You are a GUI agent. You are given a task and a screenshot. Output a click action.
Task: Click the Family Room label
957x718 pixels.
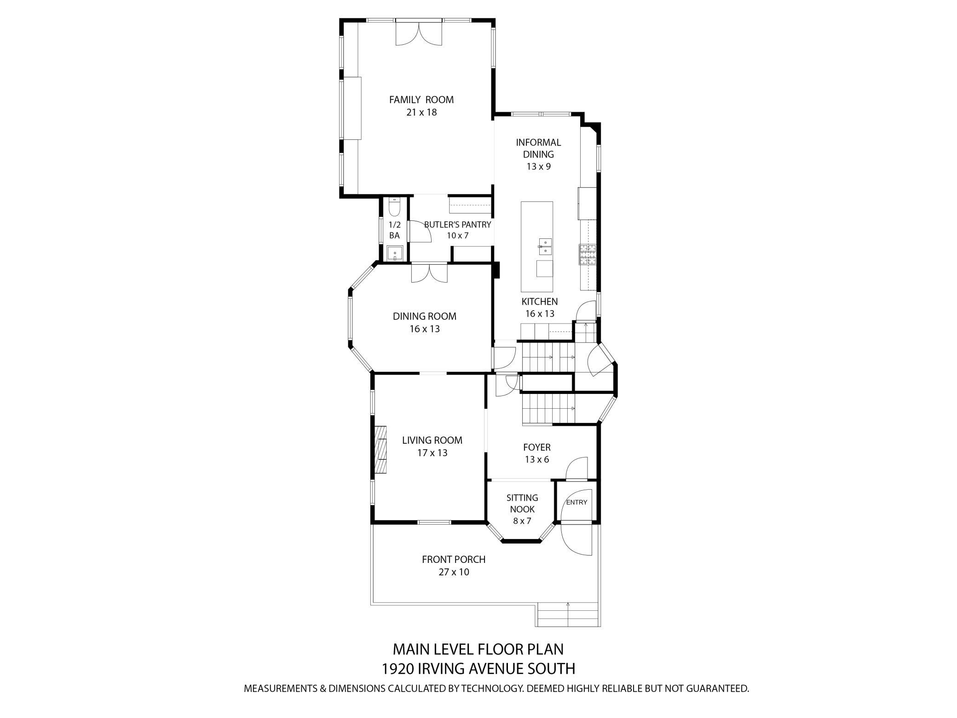point(421,99)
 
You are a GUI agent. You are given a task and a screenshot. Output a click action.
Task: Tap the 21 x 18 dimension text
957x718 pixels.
point(421,112)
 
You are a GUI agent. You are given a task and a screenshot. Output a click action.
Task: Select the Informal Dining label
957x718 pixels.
point(538,148)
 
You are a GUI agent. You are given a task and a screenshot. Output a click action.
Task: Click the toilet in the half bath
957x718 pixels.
point(395,208)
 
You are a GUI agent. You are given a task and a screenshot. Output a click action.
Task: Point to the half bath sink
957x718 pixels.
point(395,254)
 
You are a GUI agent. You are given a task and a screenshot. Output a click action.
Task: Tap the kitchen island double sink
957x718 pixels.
point(545,246)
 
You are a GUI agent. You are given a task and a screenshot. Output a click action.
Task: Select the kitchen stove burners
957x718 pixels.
point(587,255)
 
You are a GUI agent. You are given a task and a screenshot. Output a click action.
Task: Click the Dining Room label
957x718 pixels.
point(425,316)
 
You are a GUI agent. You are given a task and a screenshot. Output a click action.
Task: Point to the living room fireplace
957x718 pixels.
point(380,449)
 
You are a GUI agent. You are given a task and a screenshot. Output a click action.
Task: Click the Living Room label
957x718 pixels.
point(432,440)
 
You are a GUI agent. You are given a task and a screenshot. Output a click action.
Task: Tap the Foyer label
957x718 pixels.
point(537,447)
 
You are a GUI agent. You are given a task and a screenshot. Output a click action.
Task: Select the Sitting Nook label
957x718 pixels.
point(522,504)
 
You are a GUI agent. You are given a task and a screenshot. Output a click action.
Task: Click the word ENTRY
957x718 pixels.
point(577,502)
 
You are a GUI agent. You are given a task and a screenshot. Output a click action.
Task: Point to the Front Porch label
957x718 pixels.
point(454,560)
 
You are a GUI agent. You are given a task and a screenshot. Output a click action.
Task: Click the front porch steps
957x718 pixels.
point(568,615)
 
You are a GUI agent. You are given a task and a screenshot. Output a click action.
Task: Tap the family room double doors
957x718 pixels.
point(419,33)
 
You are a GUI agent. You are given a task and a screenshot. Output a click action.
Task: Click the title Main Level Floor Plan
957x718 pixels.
point(478,649)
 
